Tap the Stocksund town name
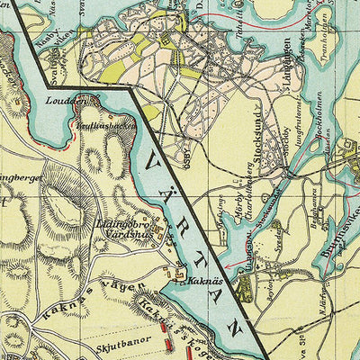(x=256, y=163)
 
